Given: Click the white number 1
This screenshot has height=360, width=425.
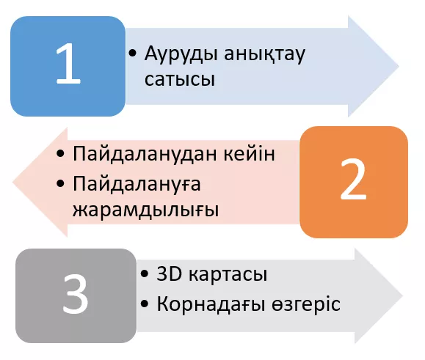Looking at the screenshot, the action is pyautogui.click(x=68, y=64).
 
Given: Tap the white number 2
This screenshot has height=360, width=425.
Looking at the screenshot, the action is pyautogui.click(x=353, y=179).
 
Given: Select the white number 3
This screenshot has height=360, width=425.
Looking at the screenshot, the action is pyautogui.click(x=76, y=294).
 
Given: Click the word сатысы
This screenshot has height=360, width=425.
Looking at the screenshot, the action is pyautogui.click(x=180, y=79).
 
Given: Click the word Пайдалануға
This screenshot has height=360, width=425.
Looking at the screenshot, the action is pyautogui.click(x=137, y=184).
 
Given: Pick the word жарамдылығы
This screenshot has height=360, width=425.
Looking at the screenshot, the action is pyautogui.click(x=145, y=210).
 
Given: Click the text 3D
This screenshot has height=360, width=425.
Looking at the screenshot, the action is pyautogui.click(x=169, y=273).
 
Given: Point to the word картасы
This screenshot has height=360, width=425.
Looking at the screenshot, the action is pyautogui.click(x=228, y=274).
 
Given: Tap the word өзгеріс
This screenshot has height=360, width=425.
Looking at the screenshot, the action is pyautogui.click(x=306, y=304).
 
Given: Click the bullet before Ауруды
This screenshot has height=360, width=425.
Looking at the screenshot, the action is pyautogui.click(x=133, y=54).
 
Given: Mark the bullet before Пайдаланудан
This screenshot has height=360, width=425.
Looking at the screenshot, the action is pyautogui.click(x=60, y=153).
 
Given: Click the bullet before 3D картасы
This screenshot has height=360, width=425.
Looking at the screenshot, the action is pyautogui.click(x=145, y=273).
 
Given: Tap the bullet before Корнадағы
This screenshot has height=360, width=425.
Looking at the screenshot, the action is pyautogui.click(x=145, y=304).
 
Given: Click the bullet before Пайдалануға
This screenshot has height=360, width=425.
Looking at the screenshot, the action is pyautogui.click(x=60, y=183).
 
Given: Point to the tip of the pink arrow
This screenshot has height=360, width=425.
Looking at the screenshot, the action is pyautogui.click(x=12, y=182).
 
